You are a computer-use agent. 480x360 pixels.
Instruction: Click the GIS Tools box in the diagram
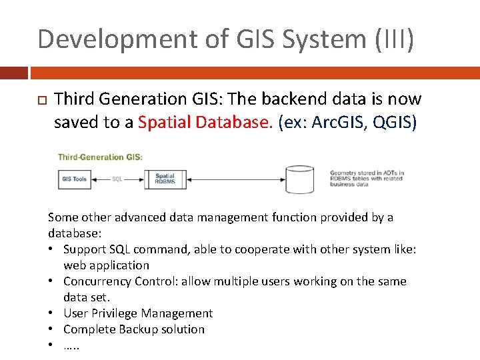(74, 179)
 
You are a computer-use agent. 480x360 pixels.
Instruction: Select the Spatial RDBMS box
(164, 179)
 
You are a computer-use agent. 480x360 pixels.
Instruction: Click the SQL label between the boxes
(117, 179)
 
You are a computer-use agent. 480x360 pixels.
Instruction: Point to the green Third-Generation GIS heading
(100, 157)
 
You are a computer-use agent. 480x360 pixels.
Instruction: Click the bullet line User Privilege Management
(138, 313)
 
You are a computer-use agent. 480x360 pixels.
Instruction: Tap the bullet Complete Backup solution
(134, 329)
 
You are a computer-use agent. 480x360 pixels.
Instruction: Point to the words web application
(107, 265)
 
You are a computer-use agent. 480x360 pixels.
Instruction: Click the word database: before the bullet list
(74, 233)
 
